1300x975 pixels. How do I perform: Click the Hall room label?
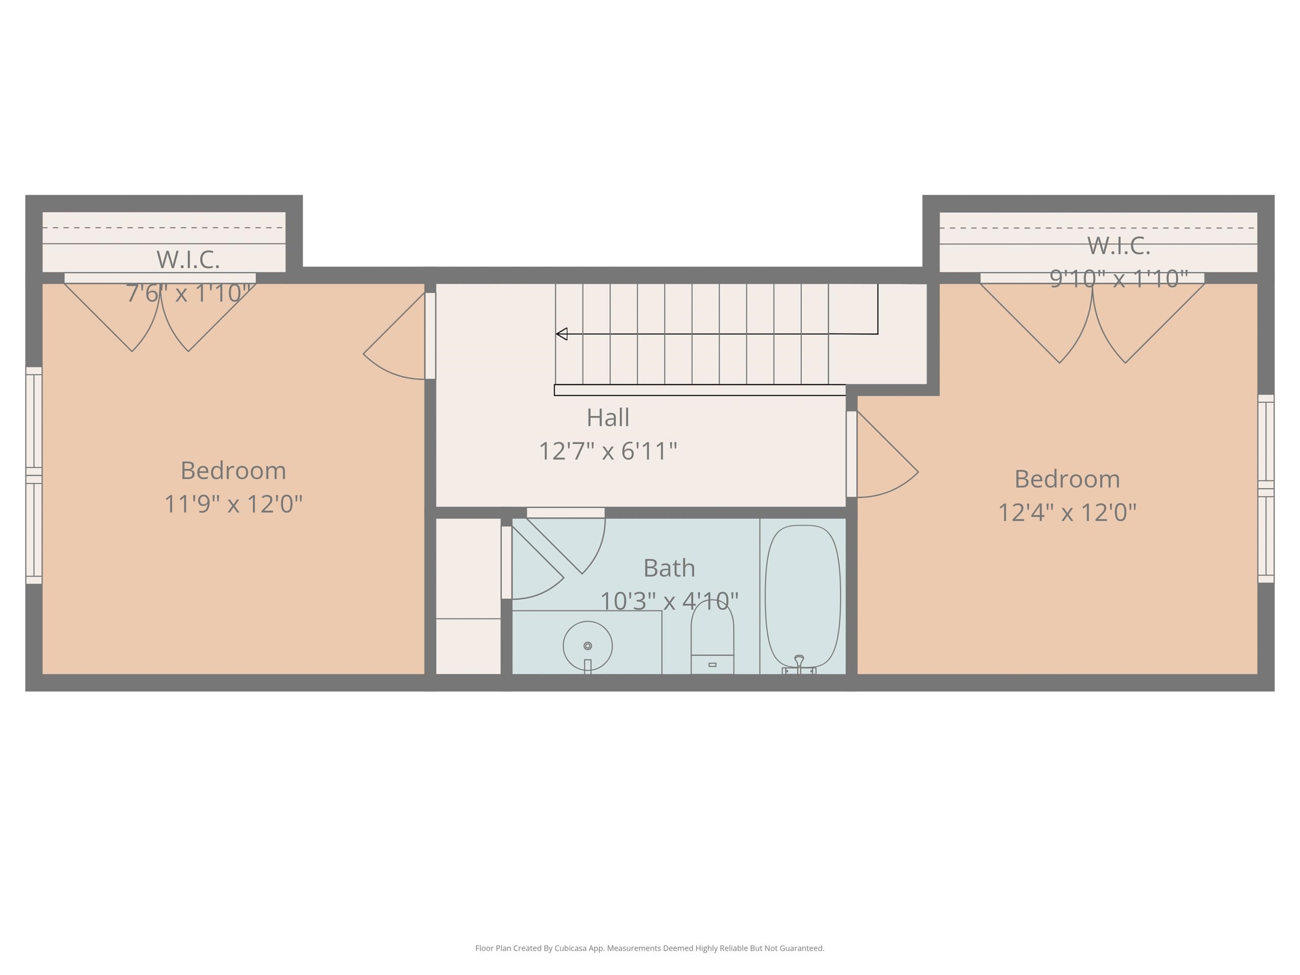pos(608,417)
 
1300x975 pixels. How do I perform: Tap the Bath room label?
pos(669,568)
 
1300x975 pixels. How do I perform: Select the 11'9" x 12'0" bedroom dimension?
pos(233,504)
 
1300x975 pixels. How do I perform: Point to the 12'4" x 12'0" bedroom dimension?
pos(1067,512)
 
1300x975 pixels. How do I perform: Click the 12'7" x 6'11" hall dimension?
pos(608,451)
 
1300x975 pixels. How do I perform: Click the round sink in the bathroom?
pos(588,646)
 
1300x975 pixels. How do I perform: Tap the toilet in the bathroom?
pos(712,637)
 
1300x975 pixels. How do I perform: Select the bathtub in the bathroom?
pos(803,596)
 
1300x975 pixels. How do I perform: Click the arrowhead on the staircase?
pos(561,334)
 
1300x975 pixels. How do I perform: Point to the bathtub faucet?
pos(799,664)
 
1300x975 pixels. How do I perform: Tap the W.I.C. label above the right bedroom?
pos(1118,246)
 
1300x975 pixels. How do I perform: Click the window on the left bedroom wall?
pos(34,475)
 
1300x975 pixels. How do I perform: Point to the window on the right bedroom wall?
pos(1266,489)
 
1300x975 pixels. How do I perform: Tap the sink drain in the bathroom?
pos(588,646)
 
